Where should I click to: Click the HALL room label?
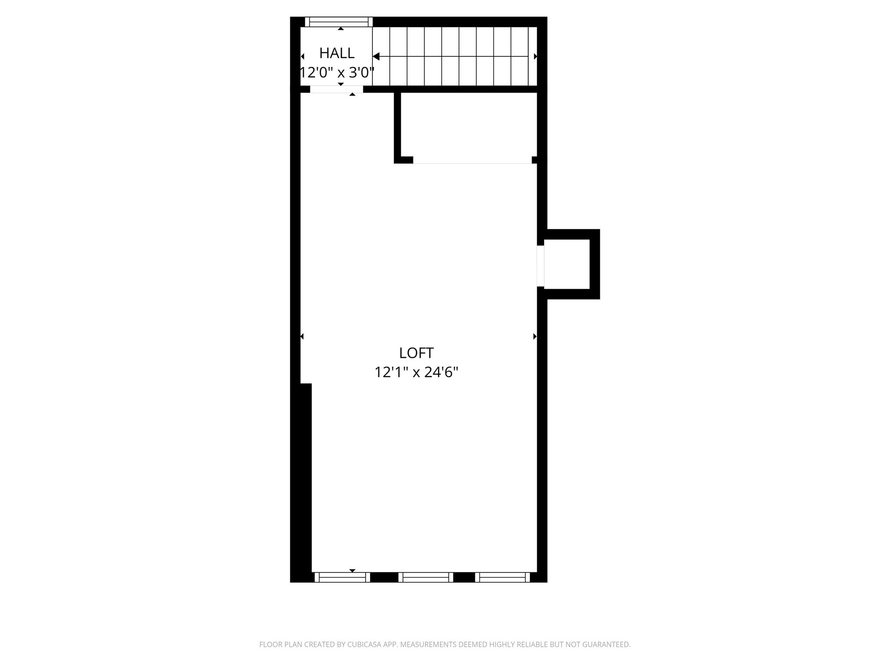337,53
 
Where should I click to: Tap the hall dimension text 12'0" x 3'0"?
337,73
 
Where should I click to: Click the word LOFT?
416,353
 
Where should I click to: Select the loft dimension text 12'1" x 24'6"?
416,373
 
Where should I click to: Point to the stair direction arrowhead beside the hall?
376,56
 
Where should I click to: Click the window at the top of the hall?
339,22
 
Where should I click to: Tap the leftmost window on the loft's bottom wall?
342,577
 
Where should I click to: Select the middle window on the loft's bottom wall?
426,577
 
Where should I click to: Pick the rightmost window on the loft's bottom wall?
502,577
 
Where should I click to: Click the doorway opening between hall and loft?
336,89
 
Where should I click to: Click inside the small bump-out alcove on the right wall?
567,264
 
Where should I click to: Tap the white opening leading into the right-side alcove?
541,266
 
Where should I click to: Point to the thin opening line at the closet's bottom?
472,163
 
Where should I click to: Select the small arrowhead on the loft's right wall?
535,337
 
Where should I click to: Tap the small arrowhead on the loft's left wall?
302,337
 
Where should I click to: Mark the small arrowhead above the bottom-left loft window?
352,571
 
